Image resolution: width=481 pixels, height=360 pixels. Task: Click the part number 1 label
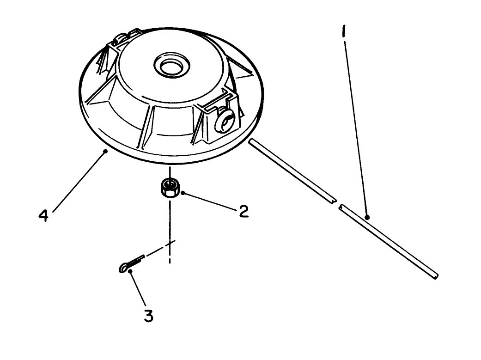click(343, 33)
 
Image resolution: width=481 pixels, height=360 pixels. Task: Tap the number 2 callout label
click(244, 211)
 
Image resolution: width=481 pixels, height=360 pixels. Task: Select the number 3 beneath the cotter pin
click(148, 317)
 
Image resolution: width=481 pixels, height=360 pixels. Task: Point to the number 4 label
click(43, 215)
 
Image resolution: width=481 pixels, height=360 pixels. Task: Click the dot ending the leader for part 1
click(367, 217)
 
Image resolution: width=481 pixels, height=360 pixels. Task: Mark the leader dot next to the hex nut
click(183, 193)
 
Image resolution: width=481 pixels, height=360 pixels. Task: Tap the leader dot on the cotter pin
click(131, 271)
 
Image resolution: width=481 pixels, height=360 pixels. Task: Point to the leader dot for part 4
click(106, 151)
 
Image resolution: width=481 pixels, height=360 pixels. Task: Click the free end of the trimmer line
click(435, 276)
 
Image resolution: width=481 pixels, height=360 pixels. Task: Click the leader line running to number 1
click(355, 125)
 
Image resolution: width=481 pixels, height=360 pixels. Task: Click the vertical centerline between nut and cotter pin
click(170, 222)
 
